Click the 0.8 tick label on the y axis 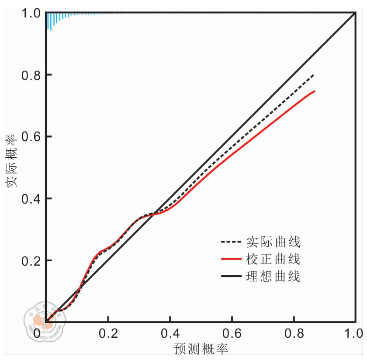coord(31,75)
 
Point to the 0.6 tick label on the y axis coord(31,137)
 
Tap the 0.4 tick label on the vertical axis coord(31,199)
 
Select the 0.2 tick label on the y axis coord(31,261)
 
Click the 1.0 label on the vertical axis coord(31,14)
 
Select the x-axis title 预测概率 coord(201,350)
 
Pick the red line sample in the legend coord(231,259)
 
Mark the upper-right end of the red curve coord(315,91)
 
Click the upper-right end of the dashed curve coord(314,75)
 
